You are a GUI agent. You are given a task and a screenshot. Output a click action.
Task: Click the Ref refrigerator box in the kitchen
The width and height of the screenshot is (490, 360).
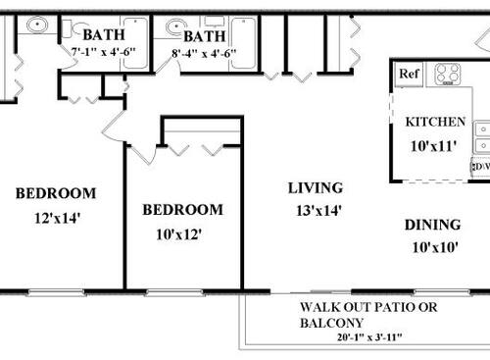408,73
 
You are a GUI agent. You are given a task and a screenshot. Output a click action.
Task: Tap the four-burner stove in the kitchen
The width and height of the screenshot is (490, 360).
448,73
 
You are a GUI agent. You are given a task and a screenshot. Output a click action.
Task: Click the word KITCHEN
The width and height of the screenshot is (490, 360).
435,122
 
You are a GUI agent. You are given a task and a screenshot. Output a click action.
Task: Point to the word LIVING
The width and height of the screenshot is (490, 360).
315,187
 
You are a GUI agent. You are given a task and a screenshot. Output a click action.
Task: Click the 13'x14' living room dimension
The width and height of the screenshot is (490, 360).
315,209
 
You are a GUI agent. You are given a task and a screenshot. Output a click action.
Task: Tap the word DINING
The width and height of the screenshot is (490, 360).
432,225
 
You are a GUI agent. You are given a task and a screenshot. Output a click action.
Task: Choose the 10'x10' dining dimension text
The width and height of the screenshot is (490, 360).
432,247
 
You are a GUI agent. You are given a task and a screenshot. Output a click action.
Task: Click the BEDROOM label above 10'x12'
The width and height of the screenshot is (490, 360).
182,210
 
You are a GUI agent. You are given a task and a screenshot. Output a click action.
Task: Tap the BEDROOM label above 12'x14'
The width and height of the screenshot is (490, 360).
56,193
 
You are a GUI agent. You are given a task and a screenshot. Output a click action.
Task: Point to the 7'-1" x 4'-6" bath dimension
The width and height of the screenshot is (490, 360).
103,52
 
